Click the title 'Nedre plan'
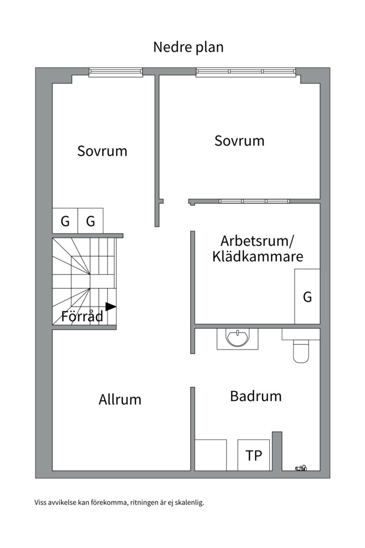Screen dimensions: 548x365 click(188, 47)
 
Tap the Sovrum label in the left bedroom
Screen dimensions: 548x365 click(102, 151)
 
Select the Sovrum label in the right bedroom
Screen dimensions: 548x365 click(239, 141)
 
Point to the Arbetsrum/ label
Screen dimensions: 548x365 click(257, 240)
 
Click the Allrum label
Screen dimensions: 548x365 click(120, 399)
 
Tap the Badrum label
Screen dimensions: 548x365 click(255, 396)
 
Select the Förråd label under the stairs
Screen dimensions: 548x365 click(82, 317)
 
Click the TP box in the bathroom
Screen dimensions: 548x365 click(254, 455)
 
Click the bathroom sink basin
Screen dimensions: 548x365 click(237, 338)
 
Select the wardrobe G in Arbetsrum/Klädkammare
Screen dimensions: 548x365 click(307, 297)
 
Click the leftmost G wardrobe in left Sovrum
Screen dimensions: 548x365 click(65, 221)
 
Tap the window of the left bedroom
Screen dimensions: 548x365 click(116, 73)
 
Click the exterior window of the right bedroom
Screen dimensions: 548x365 click(246, 72)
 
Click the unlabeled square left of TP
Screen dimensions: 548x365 click(210, 455)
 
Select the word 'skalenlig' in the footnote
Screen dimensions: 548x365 click(189, 503)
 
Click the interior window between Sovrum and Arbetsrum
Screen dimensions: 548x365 click(254, 201)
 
